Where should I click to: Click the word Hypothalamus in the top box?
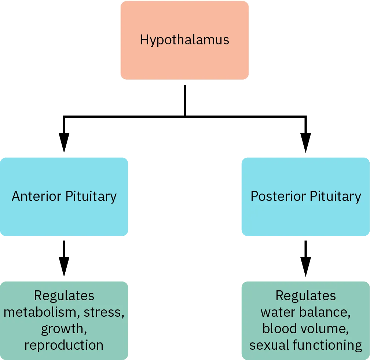[184, 40]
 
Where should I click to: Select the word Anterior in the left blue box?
[37, 196]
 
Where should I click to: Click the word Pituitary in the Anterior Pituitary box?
[91, 196]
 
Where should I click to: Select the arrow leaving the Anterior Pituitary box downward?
[64, 259]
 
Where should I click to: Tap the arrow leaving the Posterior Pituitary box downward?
[305, 259]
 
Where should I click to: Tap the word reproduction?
[64, 345]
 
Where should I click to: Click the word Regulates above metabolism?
[64, 296]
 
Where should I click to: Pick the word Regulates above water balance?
[305, 296]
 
